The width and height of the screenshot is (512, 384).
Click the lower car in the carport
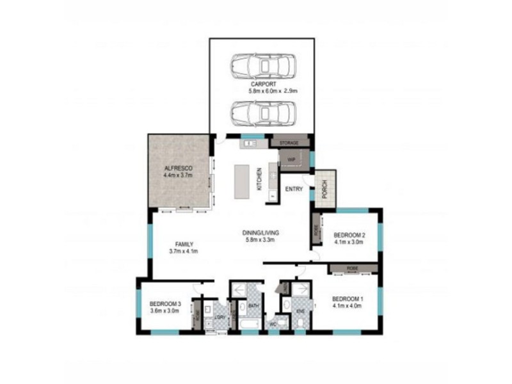click(x=262, y=114)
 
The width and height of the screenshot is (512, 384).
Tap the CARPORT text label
click(x=262, y=84)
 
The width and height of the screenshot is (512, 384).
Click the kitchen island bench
click(x=242, y=180)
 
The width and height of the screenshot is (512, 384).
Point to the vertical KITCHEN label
click(x=260, y=179)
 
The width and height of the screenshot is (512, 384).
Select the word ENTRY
click(x=294, y=189)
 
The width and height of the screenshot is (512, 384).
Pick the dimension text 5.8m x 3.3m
click(x=260, y=241)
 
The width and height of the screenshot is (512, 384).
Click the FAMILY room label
click(x=184, y=244)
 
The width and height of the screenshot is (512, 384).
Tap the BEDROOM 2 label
click(x=349, y=235)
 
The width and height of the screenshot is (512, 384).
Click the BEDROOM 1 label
click(x=348, y=299)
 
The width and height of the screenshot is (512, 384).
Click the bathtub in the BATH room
click(x=245, y=326)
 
